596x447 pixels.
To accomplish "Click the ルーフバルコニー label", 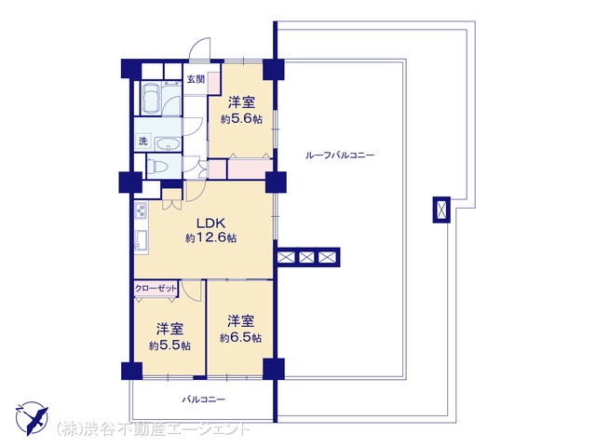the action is click(x=340, y=156).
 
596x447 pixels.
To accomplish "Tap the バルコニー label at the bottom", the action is click(x=203, y=400).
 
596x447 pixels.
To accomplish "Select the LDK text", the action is click(x=211, y=223).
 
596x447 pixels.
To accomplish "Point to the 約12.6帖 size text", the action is click(x=211, y=238).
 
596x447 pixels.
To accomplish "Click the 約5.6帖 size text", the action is click(x=241, y=119).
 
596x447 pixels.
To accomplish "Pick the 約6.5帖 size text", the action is click(x=240, y=337).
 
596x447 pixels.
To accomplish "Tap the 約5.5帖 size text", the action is click(x=169, y=345).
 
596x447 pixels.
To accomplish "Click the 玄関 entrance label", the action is click(x=196, y=79).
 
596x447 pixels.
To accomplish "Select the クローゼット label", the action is click(x=156, y=288).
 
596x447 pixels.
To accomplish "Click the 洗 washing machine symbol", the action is click(x=142, y=142).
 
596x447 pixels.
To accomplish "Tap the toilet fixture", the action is click(x=160, y=166).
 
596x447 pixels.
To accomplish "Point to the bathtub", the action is click(x=151, y=98).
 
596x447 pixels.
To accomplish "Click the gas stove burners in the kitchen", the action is click(x=141, y=211).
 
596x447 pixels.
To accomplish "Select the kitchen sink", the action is click(x=141, y=240).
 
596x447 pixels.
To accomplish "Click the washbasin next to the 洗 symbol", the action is click(x=168, y=144).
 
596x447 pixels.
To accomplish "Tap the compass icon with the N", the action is click(x=32, y=418).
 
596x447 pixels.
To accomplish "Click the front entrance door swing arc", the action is click(x=200, y=48).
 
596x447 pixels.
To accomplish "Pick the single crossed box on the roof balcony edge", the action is click(x=441, y=210).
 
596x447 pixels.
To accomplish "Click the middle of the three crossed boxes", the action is click(x=306, y=257).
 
